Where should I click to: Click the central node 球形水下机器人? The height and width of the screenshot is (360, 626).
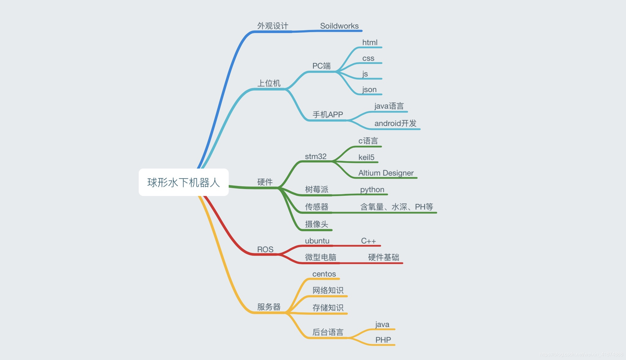[x=183, y=183]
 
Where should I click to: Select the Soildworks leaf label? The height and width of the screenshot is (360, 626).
[x=339, y=26]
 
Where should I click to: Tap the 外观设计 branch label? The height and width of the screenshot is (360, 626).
[x=273, y=26]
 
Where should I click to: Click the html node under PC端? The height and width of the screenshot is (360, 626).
[x=370, y=43]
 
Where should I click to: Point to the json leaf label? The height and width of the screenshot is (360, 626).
[x=369, y=90]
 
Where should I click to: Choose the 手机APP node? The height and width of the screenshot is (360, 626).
[x=328, y=115]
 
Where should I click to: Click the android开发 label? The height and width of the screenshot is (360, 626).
[x=395, y=124]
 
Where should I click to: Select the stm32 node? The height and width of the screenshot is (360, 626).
[x=316, y=157]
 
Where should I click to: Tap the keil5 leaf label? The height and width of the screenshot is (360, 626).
[x=366, y=158]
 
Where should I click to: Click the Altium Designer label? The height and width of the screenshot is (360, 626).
[x=386, y=173]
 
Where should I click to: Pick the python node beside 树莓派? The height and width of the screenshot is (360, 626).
[x=372, y=190]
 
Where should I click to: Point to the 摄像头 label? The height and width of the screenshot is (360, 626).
[x=317, y=224]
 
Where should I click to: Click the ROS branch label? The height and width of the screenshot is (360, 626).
[x=265, y=250]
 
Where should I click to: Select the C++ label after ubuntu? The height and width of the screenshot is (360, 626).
[x=368, y=241]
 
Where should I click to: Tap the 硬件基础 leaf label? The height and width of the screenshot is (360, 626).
[x=384, y=258]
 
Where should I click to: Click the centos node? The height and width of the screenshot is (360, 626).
[x=324, y=274]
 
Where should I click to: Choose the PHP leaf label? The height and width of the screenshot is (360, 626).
[x=383, y=340]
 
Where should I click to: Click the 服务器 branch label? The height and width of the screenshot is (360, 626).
[x=269, y=307]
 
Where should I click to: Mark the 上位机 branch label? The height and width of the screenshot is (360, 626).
[x=269, y=84]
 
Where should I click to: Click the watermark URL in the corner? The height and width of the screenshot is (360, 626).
[x=581, y=354]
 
